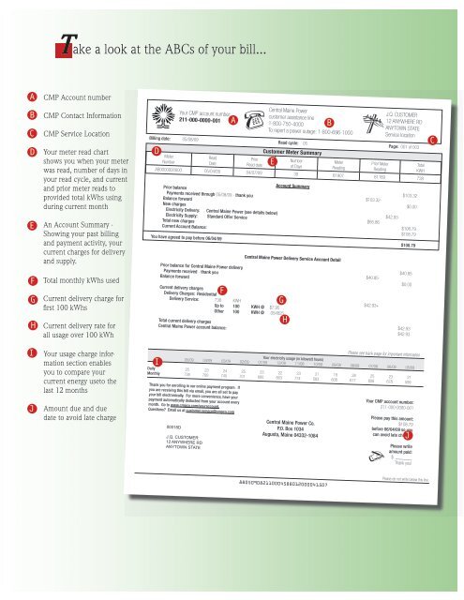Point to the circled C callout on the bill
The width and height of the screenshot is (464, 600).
(x=431, y=140)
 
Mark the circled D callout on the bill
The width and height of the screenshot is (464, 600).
(x=156, y=150)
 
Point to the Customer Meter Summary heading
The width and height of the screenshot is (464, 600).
(x=292, y=150)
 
